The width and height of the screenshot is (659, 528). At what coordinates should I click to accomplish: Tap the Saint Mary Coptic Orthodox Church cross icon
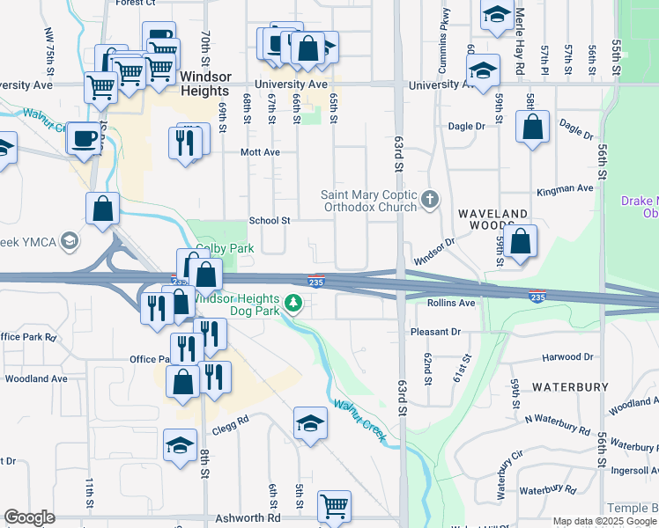point(430,200)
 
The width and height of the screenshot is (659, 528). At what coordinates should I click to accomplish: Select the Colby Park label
point(225,249)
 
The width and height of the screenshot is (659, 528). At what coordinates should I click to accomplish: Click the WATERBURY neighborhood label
point(570,387)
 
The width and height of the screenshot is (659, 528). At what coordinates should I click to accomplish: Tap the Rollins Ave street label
point(451,303)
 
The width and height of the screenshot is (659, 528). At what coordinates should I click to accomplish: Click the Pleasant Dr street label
point(436,332)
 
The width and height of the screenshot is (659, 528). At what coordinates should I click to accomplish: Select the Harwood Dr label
point(567,357)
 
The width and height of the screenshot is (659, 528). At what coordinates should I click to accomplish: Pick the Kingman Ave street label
point(566,189)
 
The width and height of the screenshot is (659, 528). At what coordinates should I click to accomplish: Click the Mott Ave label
point(260,152)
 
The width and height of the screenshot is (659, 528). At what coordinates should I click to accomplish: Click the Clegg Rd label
point(231,421)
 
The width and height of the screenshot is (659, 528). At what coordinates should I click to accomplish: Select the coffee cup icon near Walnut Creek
point(85,138)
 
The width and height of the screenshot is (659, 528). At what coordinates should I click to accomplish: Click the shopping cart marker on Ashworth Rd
point(334,505)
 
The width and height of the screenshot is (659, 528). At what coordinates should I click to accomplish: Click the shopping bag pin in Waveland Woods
point(521,241)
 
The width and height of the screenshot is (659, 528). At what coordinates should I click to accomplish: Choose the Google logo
point(29,518)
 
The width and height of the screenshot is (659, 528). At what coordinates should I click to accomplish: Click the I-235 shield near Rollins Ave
point(537,297)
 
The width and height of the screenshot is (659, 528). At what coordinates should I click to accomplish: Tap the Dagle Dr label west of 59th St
point(467,126)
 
